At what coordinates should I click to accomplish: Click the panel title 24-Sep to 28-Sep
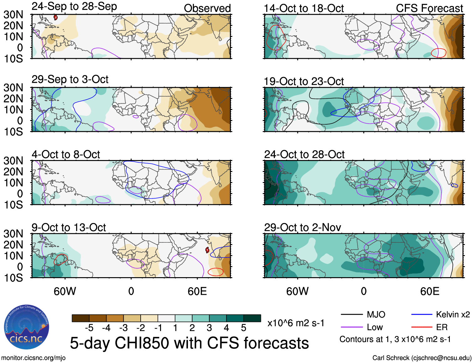[x=74, y=7]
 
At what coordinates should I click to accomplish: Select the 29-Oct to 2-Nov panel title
[x=302, y=227]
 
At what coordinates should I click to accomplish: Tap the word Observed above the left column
[x=207, y=8]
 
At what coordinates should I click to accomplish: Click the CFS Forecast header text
[x=429, y=8]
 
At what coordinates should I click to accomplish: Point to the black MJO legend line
[x=351, y=314]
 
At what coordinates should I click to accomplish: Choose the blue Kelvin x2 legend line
[x=422, y=314]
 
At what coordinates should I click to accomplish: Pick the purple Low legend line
[x=351, y=327]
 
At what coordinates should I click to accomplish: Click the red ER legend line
[x=422, y=327]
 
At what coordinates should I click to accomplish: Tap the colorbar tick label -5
[x=89, y=328]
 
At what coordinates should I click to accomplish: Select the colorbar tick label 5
[x=244, y=328]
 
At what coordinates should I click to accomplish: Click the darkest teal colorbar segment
[x=252, y=318]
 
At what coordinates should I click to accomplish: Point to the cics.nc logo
[x=26, y=327]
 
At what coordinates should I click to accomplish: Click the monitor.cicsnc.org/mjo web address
[x=33, y=358]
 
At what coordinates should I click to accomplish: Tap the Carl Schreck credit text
[x=422, y=358]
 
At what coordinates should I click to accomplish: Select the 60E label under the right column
[x=429, y=291]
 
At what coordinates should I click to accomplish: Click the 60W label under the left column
[x=65, y=291]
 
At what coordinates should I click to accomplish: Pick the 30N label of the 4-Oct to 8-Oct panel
[x=13, y=161]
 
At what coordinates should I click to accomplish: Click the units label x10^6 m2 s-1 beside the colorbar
[x=296, y=323]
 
